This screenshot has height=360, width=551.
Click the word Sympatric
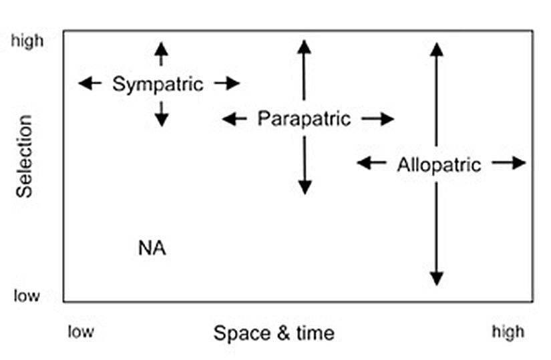[x=158, y=84]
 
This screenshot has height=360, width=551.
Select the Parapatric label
[x=304, y=120]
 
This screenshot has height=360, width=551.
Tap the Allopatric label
[x=438, y=164]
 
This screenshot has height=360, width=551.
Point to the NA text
[x=152, y=249]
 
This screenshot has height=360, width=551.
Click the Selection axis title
[x=25, y=156]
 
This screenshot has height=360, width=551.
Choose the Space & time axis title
[x=274, y=333]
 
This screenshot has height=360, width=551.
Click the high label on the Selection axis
[x=27, y=41]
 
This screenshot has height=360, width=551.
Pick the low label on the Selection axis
[x=27, y=296]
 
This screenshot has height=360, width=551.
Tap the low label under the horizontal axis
[x=81, y=332]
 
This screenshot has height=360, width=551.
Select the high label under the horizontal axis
[x=508, y=332]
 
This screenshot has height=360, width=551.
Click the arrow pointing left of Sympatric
[x=89, y=83]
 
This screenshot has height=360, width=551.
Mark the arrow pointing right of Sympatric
[x=226, y=83]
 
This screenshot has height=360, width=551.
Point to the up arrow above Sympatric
[x=160, y=53]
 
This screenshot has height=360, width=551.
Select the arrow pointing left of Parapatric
[x=234, y=120]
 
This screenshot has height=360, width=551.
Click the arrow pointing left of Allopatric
[x=370, y=162]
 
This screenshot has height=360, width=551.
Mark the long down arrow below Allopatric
[x=436, y=234]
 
